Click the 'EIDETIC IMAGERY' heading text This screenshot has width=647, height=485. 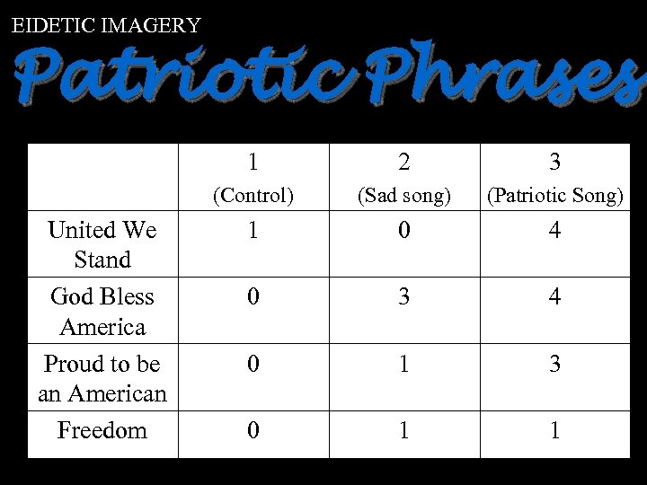(x=106, y=25)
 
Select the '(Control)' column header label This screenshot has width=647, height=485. (x=253, y=195)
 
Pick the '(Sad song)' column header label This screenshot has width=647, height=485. (x=404, y=195)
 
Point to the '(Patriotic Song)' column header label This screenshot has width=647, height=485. (x=555, y=195)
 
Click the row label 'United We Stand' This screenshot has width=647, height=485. (x=102, y=245)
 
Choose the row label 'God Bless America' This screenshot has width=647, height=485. (x=102, y=312)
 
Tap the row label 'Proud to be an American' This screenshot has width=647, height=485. (x=102, y=379)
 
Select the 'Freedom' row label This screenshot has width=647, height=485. (x=102, y=431)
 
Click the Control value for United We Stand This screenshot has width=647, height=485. (x=253, y=231)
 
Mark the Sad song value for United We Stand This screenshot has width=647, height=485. (x=404, y=231)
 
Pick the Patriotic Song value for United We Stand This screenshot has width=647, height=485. (x=555, y=231)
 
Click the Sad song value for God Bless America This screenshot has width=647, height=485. (x=404, y=297)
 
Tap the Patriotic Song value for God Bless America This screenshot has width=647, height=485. (x=555, y=297)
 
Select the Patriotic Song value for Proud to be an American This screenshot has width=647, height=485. (x=555, y=365)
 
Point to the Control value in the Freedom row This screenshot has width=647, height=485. (x=253, y=431)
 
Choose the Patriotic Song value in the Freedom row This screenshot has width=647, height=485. (x=555, y=431)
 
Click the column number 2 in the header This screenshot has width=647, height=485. (x=404, y=162)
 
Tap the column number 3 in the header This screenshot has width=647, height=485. (x=555, y=162)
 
